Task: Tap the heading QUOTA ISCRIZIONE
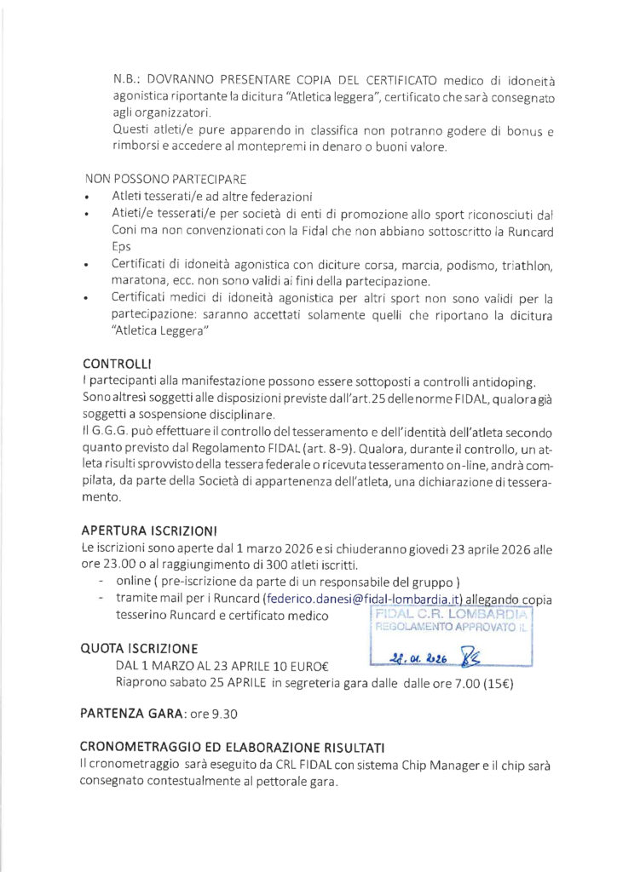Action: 139,649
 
